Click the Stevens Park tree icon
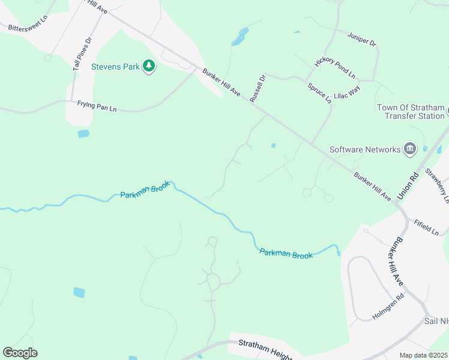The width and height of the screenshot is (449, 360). (x=149, y=67)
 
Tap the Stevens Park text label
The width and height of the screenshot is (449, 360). (x=115, y=67)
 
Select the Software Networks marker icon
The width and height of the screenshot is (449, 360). (x=411, y=149)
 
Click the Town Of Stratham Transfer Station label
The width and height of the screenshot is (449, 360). (x=411, y=112)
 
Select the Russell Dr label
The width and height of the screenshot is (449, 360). (x=257, y=88)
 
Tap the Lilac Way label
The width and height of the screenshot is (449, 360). (x=347, y=92)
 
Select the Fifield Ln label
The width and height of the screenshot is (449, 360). (x=426, y=227)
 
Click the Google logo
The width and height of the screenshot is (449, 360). (x=20, y=353)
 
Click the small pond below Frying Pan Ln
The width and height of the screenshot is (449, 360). (x=83, y=134)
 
